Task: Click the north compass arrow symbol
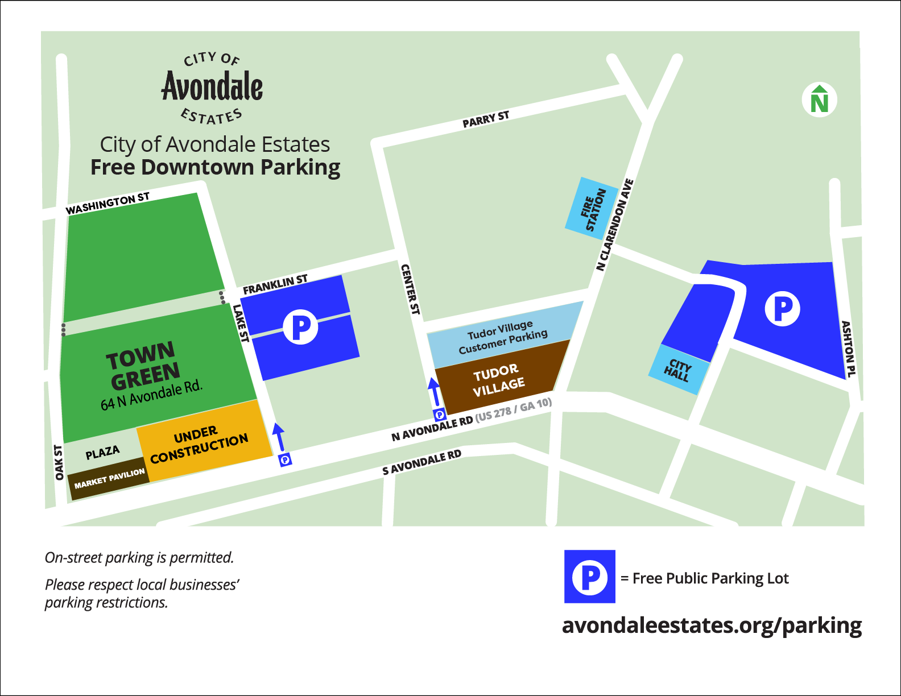point(819,100)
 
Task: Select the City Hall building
point(679,370)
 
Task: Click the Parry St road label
point(486,119)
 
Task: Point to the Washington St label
point(108,204)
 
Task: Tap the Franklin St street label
point(275,284)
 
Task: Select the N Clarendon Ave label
point(615,225)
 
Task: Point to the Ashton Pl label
point(848,349)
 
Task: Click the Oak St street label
point(59,462)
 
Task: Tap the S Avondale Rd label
point(421,462)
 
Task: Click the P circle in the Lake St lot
point(300,327)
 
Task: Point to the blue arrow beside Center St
point(435,392)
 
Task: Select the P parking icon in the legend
point(590,577)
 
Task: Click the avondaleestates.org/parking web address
point(712,625)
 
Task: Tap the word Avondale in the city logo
point(212,87)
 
